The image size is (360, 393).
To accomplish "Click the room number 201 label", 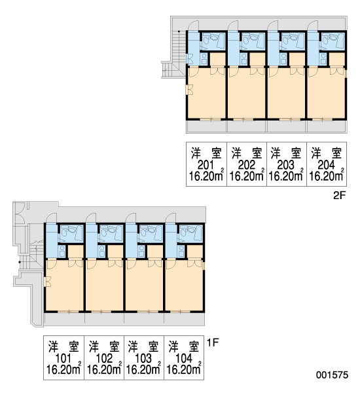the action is pyautogui.click(x=206, y=165).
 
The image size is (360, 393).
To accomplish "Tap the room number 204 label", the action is pyautogui.click(x=326, y=165).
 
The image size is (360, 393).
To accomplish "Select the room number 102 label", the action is pyautogui.click(x=104, y=359).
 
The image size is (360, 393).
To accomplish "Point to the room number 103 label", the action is pyautogui.click(x=143, y=359).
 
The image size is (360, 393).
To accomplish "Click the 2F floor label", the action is pyautogui.click(x=340, y=196).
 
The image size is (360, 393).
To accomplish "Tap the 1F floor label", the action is pyautogui.click(x=213, y=342).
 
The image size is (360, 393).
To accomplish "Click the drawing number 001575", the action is pyautogui.click(x=333, y=375).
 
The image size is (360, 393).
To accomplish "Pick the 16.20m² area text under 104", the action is pyautogui.click(x=184, y=369).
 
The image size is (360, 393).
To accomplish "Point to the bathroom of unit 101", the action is pyautogui.click(x=71, y=233).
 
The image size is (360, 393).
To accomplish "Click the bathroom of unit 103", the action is pyautogui.click(x=151, y=233).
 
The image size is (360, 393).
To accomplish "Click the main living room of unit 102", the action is pyautogui.click(x=104, y=285).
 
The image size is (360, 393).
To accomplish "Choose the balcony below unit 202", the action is pyautogui.click(x=247, y=126).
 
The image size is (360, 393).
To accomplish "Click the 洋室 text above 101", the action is pyautogui.click(x=63, y=346).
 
